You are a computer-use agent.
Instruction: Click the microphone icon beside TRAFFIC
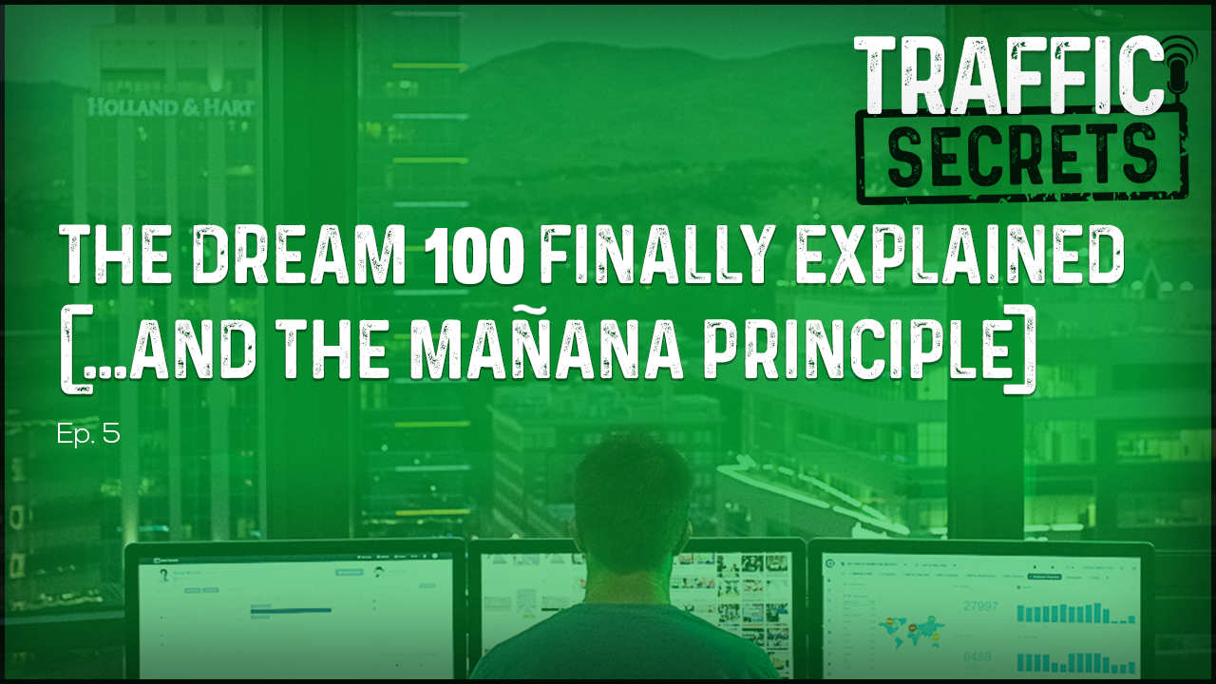(x=1177, y=61)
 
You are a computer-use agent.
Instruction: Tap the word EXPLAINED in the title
(x=959, y=256)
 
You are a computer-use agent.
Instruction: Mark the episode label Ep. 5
(x=87, y=435)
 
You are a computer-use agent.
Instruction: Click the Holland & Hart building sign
(x=171, y=106)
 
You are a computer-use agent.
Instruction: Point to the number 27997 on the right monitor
(x=980, y=607)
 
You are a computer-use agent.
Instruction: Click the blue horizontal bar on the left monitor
(x=291, y=610)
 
